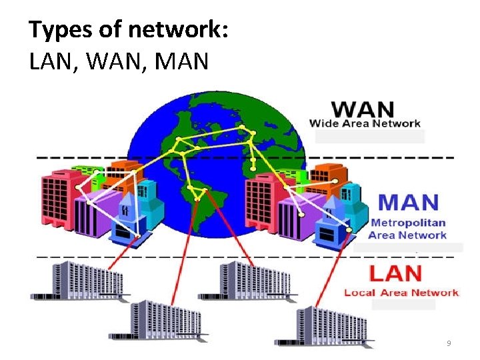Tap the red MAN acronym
coord(409,202)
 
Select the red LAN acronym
coord(395,273)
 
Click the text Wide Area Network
coord(365,123)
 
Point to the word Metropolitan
coord(408,222)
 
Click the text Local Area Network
coord(401,293)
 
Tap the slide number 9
coord(449,343)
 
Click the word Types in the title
coord(58,31)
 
